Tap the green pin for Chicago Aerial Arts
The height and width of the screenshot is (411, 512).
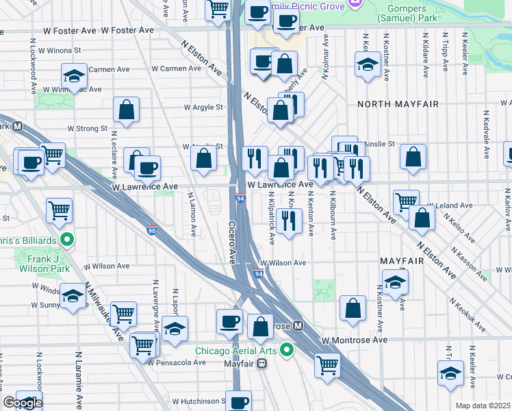(x=287, y=351)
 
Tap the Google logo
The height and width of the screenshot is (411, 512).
(x=23, y=403)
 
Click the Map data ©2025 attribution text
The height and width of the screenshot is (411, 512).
(x=483, y=406)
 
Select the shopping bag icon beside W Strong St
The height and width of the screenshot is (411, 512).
(x=127, y=108)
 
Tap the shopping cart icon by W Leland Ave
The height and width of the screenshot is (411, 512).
(x=406, y=201)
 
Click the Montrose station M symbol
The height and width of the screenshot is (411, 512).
(x=298, y=326)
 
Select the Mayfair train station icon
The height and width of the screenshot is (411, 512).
(x=261, y=364)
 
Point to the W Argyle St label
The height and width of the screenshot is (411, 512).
(x=203, y=108)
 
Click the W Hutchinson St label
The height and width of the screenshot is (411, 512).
(x=199, y=401)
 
